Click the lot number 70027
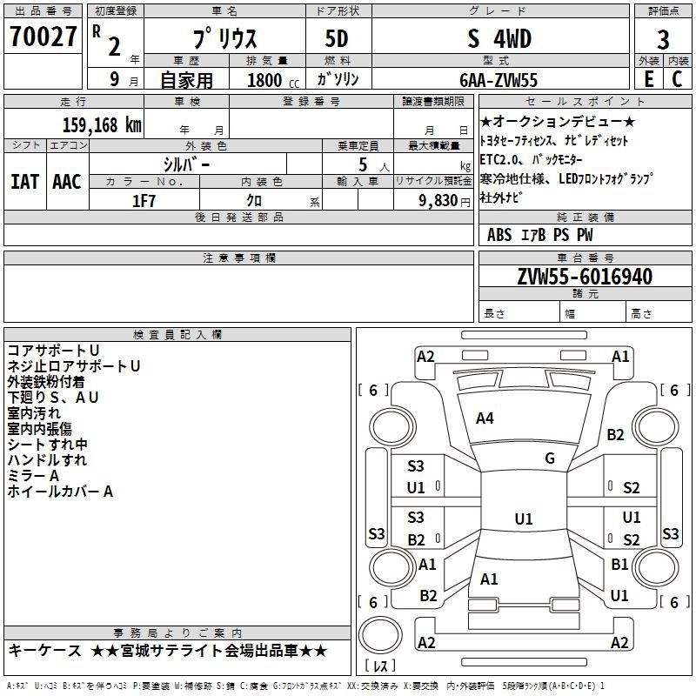pos(43,38)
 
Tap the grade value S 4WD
pos(499,39)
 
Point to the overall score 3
pos(663,41)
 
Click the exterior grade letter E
pos(648,78)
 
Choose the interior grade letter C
pos(677,78)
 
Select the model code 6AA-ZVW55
pos(499,80)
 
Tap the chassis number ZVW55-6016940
pos(585,277)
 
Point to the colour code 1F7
pos(144,199)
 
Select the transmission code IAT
pos(24,182)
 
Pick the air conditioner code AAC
pos(66,182)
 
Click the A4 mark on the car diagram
pos(485,418)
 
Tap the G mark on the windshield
pos(549,458)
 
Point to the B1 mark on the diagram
pos(619,564)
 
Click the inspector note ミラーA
pos(33,476)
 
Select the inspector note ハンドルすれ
pos(47,460)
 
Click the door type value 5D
pos(337,40)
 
